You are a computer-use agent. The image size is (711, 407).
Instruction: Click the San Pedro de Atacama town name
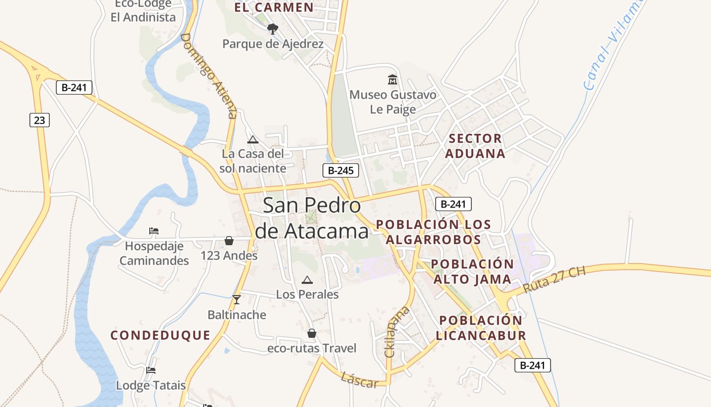coord(312,218)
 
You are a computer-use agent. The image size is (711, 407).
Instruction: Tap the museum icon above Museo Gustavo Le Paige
coord(393,80)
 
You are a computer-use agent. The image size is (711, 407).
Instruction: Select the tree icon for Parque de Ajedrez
coord(273,28)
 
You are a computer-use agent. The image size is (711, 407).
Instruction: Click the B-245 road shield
coord(340,170)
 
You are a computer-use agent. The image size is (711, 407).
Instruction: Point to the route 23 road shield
coord(39,120)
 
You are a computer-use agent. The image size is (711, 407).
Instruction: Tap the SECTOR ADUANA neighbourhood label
coord(475,146)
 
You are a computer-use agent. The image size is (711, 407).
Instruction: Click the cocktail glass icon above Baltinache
coord(236,300)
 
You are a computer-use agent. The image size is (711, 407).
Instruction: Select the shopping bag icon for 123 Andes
coord(229,241)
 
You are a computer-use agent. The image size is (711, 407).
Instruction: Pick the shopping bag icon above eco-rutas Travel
coord(312,333)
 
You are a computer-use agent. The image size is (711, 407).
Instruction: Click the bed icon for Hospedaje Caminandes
coord(154,231)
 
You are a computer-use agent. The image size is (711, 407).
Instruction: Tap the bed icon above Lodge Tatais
coord(150,370)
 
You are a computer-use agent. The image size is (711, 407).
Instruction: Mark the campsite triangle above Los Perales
coord(307,280)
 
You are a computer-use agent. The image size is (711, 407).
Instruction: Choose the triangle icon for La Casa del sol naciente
coord(252,139)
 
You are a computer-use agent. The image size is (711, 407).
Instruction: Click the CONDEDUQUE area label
coord(160,335)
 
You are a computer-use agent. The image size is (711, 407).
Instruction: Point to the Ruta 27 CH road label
coord(554,279)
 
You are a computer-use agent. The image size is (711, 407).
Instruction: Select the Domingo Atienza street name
coord(209,76)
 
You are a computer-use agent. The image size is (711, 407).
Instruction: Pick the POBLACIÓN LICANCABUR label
coord(480,328)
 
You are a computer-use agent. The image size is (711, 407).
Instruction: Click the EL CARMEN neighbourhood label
coord(274,7)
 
